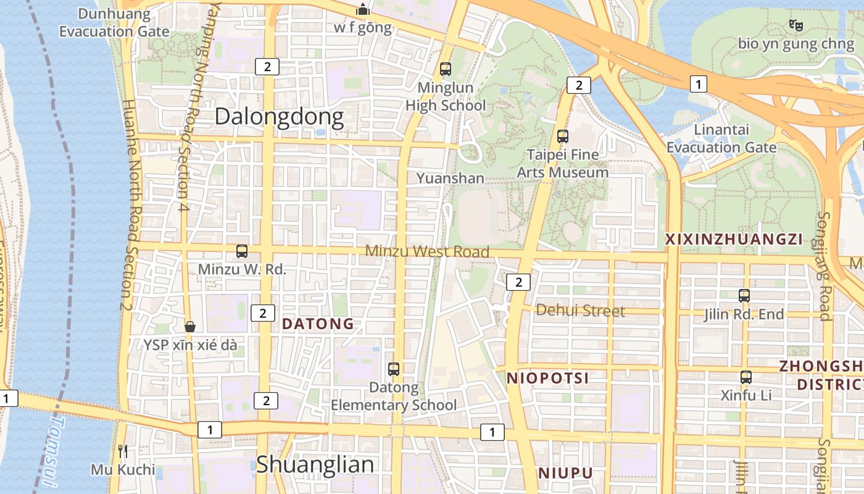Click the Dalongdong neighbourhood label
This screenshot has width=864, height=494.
[279, 117]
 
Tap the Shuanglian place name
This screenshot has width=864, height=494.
[315, 464]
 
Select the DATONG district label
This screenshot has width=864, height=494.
[318, 324]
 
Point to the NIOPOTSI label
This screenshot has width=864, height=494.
[547, 378]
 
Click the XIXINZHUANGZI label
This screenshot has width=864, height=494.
[733, 240]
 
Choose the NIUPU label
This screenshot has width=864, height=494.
[566, 473]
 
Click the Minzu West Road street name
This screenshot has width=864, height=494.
[427, 251]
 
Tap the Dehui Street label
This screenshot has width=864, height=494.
[580, 310]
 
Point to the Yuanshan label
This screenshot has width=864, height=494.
[450, 178]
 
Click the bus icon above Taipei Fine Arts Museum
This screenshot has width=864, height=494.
[562, 136]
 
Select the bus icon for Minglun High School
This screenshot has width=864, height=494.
[446, 69]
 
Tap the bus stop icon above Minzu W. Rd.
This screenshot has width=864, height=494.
[242, 251]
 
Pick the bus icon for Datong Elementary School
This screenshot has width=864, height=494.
[394, 369]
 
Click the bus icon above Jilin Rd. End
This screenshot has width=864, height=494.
[744, 296]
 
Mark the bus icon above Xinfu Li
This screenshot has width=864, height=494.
[746, 377]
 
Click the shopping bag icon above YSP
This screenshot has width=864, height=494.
[190, 326]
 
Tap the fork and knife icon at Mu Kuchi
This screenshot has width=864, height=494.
[123, 451]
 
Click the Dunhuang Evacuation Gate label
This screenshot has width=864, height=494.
[115, 23]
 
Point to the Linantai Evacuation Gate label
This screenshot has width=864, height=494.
[721, 139]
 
